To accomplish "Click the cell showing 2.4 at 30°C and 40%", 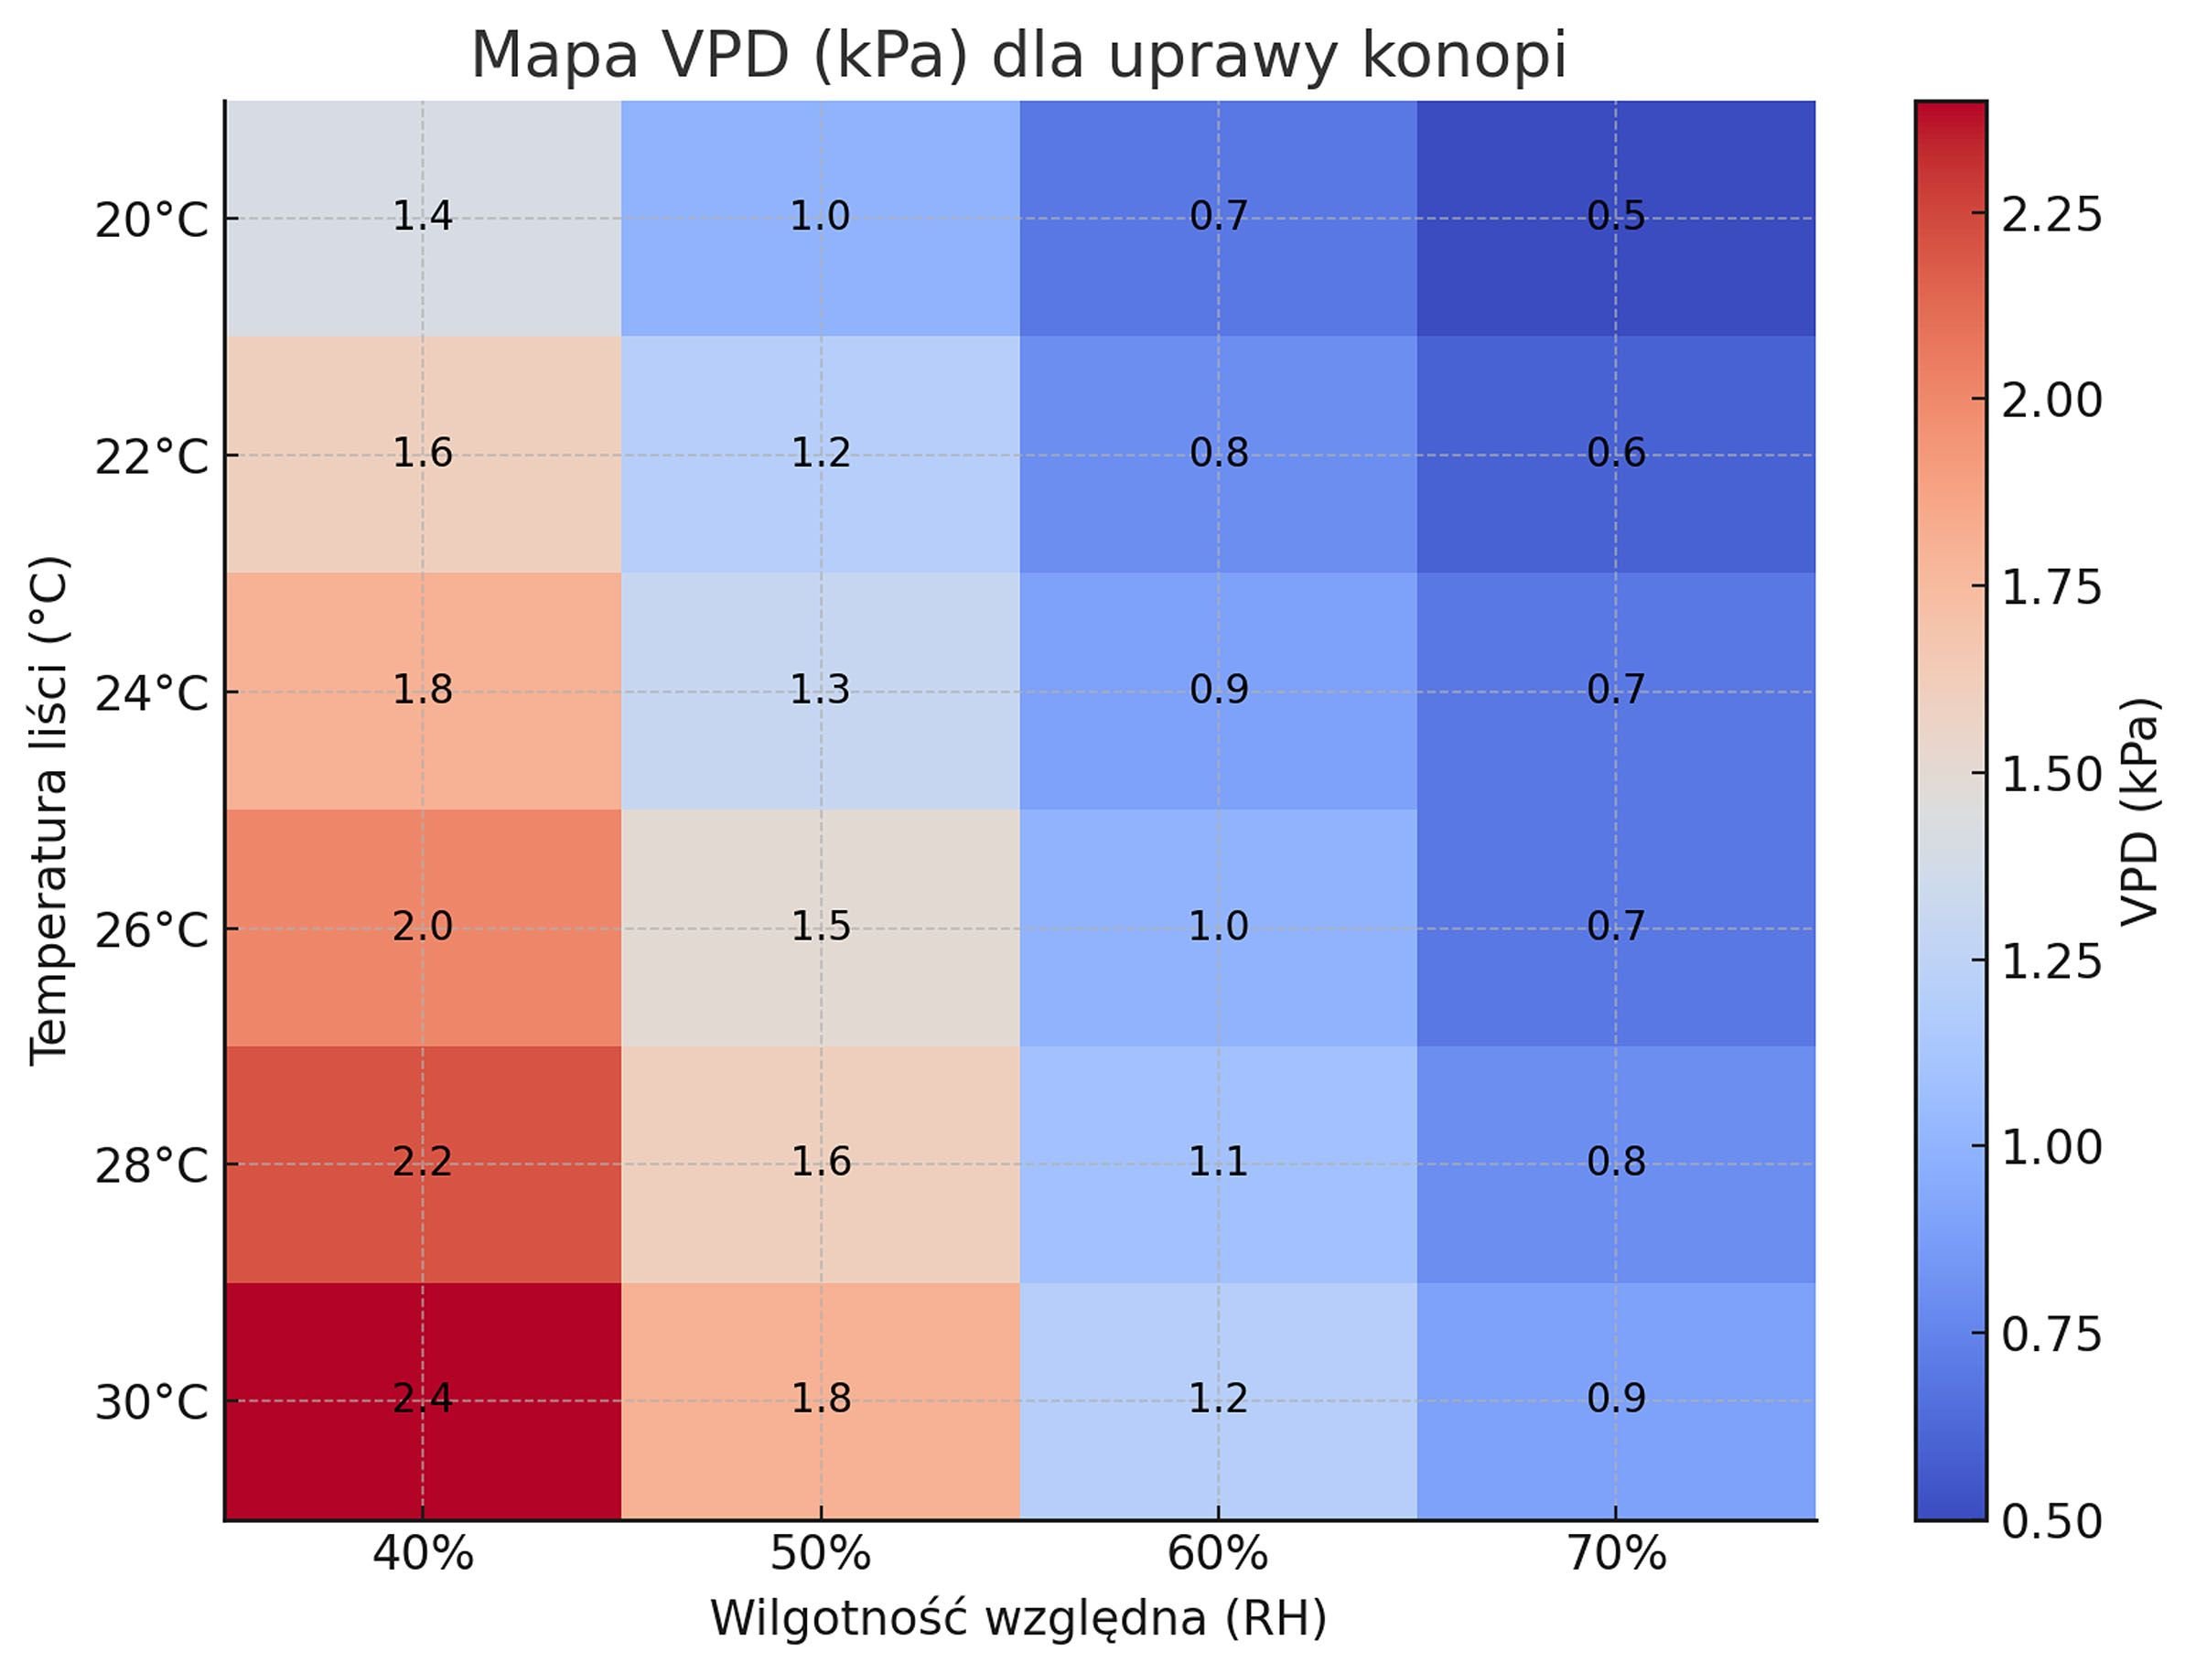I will pyautogui.click(x=422, y=1400).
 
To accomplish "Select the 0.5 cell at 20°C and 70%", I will pyautogui.click(x=1615, y=217).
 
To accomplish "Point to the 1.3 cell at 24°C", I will pyautogui.click(x=820, y=690).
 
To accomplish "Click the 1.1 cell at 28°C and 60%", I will pyautogui.click(x=1218, y=1163).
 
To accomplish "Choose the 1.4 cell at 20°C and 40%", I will pyautogui.click(x=422, y=217).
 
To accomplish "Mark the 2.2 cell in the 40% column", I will pyautogui.click(x=422, y=1163).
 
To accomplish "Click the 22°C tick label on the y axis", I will pyautogui.click(x=151, y=457).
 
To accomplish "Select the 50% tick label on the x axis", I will pyautogui.click(x=820, y=1553).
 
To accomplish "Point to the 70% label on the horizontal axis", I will pyautogui.click(x=1615, y=1553).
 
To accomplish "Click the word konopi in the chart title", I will pyautogui.click(x=1463, y=56).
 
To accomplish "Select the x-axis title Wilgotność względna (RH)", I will pyautogui.click(x=1017, y=1618).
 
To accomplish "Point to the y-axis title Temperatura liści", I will pyautogui.click(x=48, y=810).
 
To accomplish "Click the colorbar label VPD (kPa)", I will pyautogui.click(x=2139, y=811).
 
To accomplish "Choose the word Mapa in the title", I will pyautogui.click(x=554, y=56).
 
